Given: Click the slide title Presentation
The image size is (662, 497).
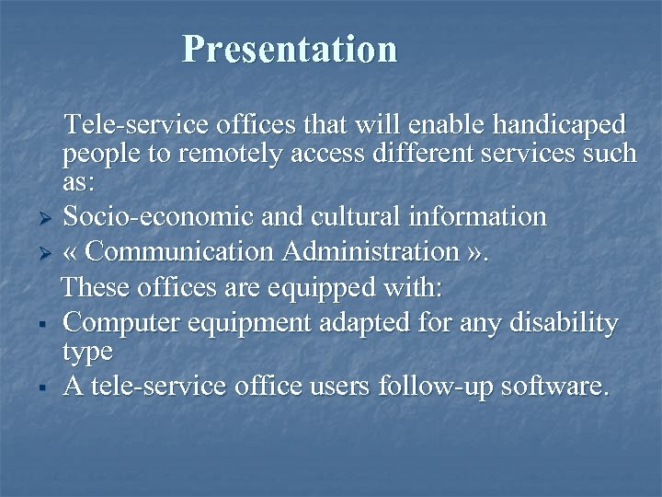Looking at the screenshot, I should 290,49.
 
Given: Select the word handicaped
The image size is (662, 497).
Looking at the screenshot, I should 557,123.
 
